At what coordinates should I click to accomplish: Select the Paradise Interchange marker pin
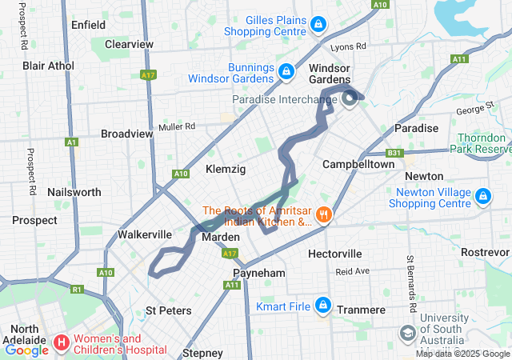coord(350,98)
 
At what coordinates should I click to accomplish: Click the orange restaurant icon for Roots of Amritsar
coord(323,214)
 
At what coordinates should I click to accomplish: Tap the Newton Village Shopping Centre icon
coord(482,196)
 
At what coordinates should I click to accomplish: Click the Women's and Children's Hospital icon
coord(62,343)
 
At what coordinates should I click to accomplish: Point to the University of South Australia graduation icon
coord(408,332)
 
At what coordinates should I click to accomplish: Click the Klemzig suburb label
coord(226,170)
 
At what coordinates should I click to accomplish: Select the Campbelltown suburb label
coord(358,164)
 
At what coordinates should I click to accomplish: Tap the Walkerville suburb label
coord(145,234)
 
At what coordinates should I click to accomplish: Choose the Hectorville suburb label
coord(335,254)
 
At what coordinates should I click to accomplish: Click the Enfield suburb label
coord(88,25)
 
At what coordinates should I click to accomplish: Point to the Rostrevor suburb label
coord(485,252)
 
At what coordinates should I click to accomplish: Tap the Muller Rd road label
coord(177,126)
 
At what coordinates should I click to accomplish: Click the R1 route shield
coord(77,289)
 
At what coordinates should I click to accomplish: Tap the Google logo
coord(26,350)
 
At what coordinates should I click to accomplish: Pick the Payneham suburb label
coord(252,273)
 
